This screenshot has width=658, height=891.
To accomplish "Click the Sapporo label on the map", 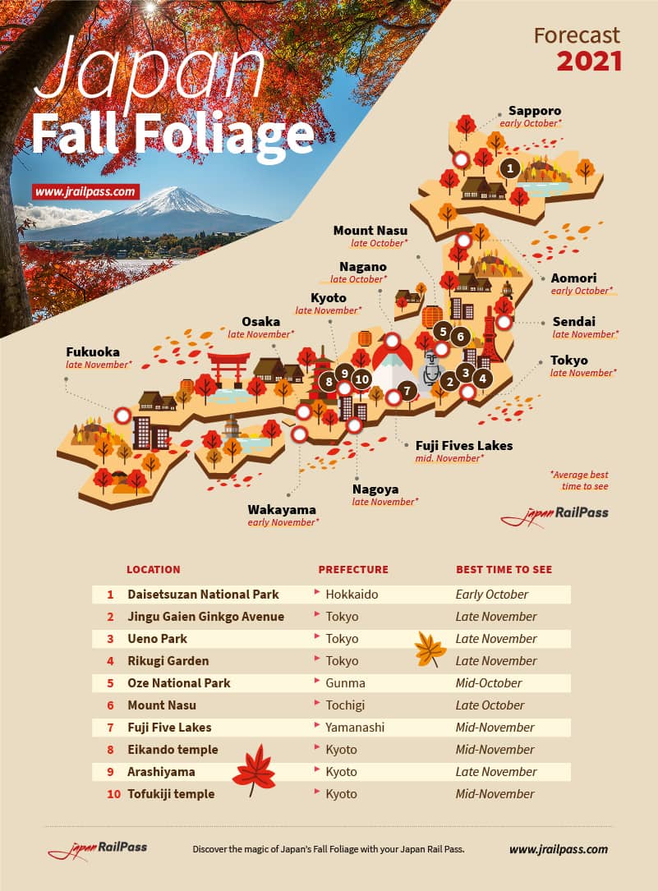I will click(535, 111).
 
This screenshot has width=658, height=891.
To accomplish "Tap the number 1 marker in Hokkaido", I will click(509, 169).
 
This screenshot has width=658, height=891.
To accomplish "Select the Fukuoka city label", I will click(93, 351).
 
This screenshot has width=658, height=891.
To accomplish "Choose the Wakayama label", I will click(282, 510).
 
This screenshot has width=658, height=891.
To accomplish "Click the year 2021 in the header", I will click(589, 61).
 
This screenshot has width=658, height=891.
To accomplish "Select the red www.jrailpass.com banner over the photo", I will click(86, 192).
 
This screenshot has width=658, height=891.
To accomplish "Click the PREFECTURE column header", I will click(353, 569).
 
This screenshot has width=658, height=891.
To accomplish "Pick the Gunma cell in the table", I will click(345, 683).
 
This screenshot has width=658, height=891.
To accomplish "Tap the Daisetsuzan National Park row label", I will click(203, 595).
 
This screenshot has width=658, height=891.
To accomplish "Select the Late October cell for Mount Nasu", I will click(490, 705).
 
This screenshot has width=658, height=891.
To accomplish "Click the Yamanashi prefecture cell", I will click(355, 728).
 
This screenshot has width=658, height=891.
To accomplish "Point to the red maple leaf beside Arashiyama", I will click(254, 769).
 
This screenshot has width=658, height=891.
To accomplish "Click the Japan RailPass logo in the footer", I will click(97, 849).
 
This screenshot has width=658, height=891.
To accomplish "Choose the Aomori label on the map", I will click(574, 278).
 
